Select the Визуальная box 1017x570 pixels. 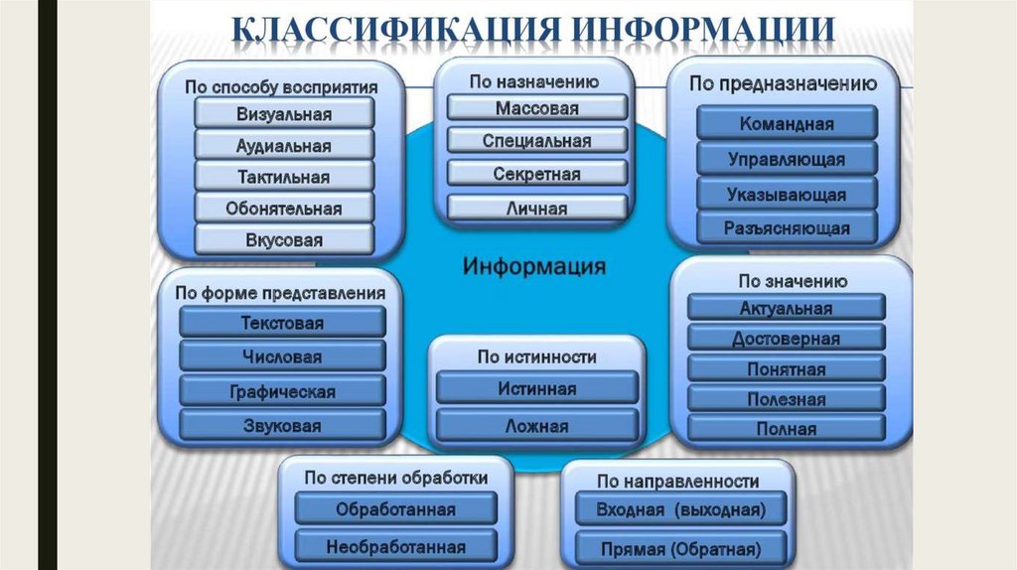point(283,113)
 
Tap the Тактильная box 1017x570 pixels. point(283,177)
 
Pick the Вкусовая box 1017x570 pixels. point(283,240)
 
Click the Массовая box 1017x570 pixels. point(536,108)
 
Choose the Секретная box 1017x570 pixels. point(536,174)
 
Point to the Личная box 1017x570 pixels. point(536,208)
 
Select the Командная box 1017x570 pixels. point(787,124)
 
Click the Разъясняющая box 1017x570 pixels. point(787,228)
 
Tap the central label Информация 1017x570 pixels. point(534,266)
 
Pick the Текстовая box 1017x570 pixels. point(282,323)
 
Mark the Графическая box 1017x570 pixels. point(282,391)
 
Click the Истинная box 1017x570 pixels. point(536,388)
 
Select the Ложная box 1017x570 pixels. point(536,426)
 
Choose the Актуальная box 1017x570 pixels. point(786,308)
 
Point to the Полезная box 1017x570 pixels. point(786,399)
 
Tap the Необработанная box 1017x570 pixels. point(395,546)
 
